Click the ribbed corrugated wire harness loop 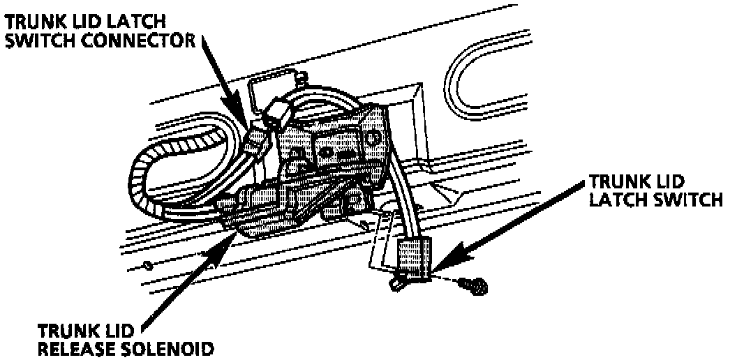pyautogui.click(x=150, y=178)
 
